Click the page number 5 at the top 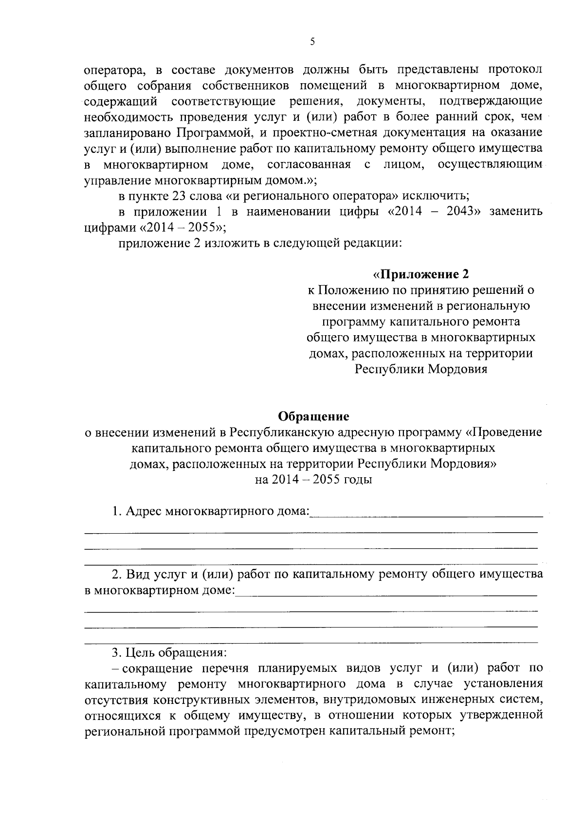coord(312,42)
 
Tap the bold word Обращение coord(313,416)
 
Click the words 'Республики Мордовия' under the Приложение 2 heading coord(421,369)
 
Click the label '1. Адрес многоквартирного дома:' coord(211,512)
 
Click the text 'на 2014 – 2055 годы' coord(313,479)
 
